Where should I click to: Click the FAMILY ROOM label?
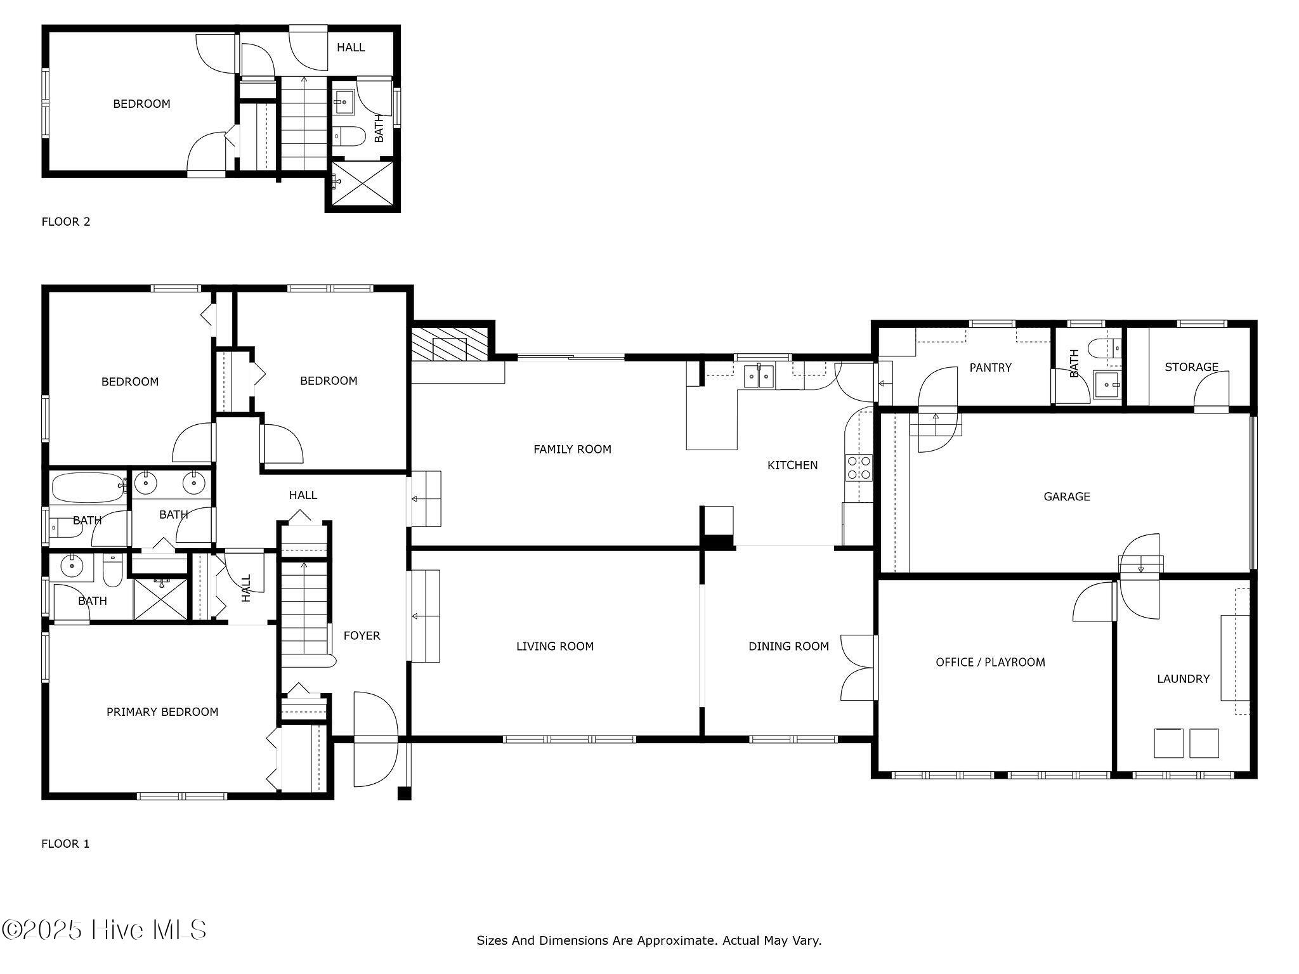[572, 450]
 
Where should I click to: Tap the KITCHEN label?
[792, 465]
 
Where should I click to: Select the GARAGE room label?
[1067, 497]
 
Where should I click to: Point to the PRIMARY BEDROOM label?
[162, 712]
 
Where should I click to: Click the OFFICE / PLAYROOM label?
[990, 662]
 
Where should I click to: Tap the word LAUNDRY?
[1183, 679]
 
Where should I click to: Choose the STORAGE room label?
[1191, 367]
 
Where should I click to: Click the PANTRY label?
[990, 367]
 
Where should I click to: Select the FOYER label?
[362, 635]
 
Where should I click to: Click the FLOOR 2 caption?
[66, 221]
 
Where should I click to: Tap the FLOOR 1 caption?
[65, 843]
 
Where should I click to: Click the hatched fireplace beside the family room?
[450, 343]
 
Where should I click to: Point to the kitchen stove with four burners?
[859, 468]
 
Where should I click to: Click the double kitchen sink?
[759, 376]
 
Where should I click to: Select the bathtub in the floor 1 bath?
[89, 487]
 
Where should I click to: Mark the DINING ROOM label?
[788, 646]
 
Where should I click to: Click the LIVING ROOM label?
[554, 646]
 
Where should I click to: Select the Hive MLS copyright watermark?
[104, 930]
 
